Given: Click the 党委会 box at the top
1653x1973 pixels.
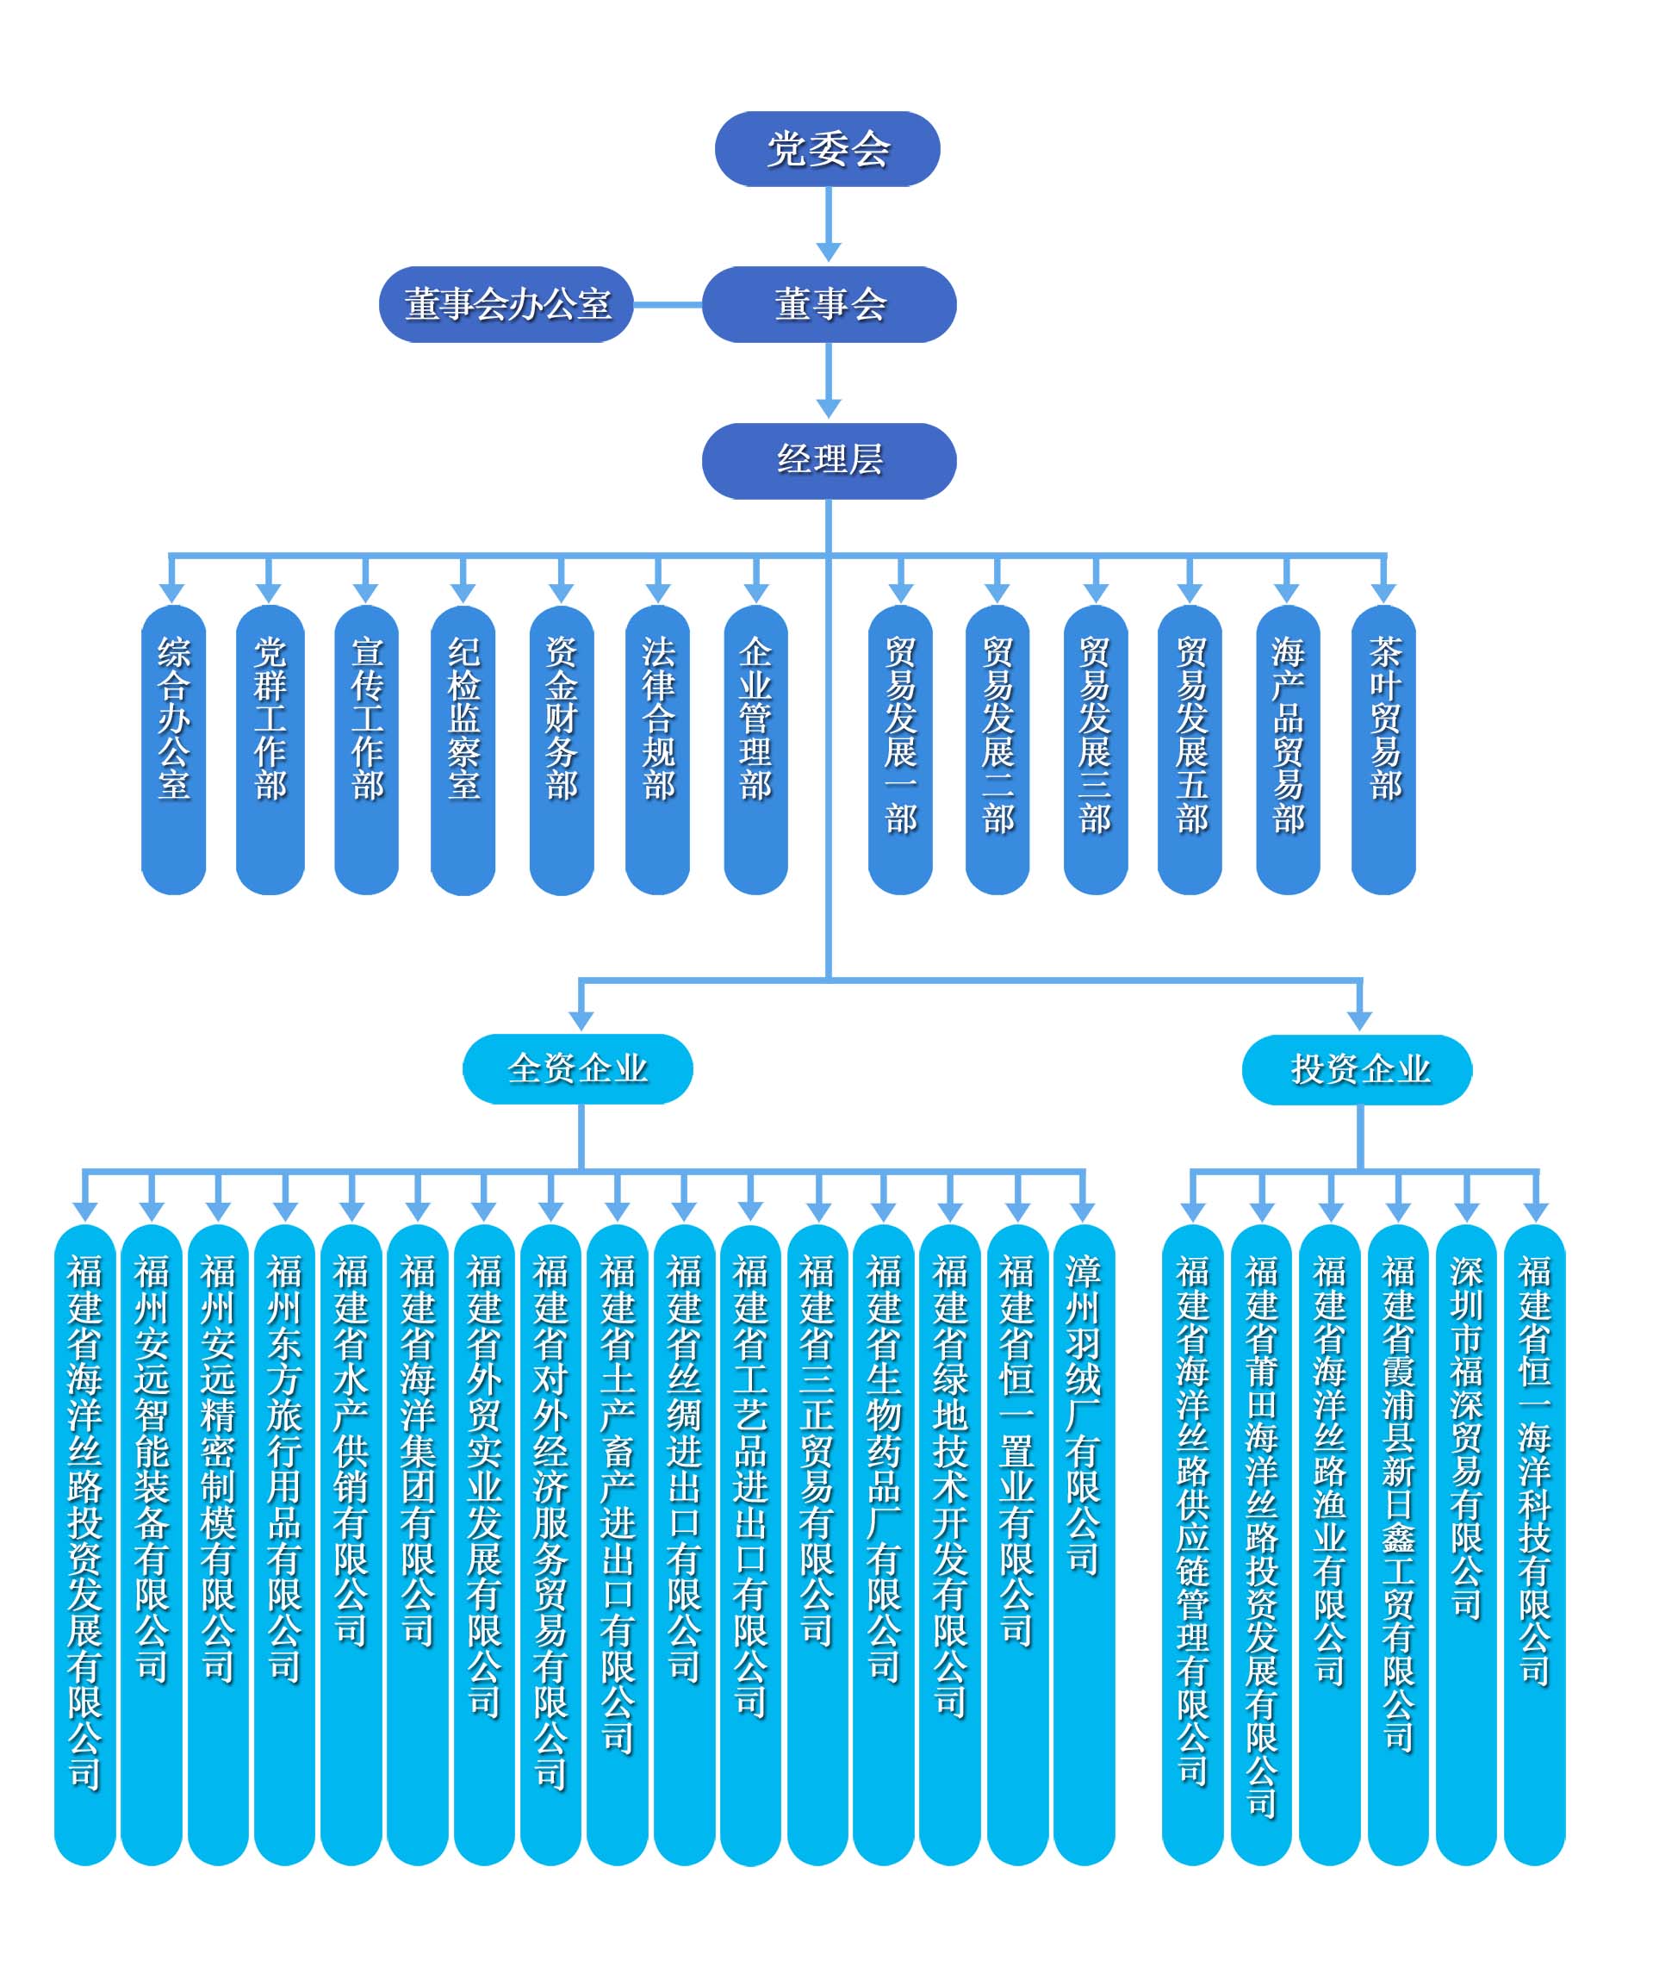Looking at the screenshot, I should click(x=827, y=149).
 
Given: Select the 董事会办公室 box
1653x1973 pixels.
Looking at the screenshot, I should click(x=506, y=304).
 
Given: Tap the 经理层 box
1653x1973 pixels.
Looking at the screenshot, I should click(x=829, y=460).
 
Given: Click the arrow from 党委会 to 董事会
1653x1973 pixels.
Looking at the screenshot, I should click(x=828, y=226).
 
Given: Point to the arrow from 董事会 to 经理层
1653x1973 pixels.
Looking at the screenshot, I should click(x=828, y=382).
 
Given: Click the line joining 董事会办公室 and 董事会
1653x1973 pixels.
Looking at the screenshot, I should click(x=667, y=304).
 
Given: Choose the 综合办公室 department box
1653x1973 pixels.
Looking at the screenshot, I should click(x=174, y=749).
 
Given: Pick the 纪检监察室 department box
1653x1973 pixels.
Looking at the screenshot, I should click(x=463, y=749).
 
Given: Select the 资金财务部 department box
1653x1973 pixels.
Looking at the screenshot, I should click(x=561, y=749).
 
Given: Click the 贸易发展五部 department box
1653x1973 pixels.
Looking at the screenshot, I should click(x=1190, y=749).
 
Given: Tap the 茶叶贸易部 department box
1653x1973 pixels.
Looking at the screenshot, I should click(x=1383, y=749).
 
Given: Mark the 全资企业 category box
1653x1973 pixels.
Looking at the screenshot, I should click(x=578, y=1069).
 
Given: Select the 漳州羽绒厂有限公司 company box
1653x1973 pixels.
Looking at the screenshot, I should click(x=1083, y=1540).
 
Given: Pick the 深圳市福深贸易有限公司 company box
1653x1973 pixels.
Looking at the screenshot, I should click(x=1465, y=1540).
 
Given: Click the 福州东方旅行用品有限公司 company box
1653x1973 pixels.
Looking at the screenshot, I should click(x=284, y=1540).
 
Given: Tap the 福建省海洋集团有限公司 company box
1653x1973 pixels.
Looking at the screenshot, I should click(x=417, y=1540).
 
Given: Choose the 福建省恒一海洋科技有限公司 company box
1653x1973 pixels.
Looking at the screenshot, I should click(x=1534, y=1540).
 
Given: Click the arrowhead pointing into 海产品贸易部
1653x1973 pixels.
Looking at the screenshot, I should click(x=1286, y=592).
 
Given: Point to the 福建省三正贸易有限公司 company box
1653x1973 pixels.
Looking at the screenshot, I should click(x=817, y=1540).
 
